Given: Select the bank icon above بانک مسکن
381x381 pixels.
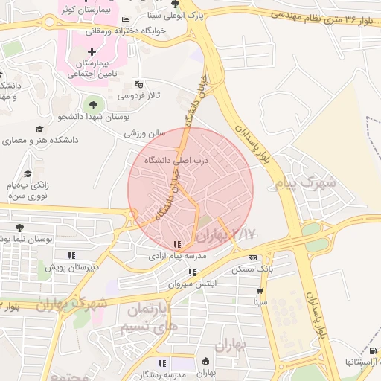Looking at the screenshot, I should (252, 257).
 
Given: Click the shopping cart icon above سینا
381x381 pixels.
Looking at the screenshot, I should (260, 291).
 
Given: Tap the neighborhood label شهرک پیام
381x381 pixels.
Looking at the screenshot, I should (305, 182).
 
